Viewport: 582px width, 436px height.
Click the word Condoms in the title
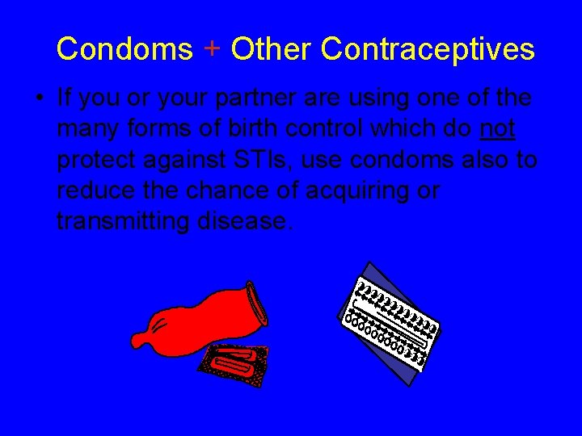coord(124,49)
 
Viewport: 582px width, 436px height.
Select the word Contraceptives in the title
coord(428,49)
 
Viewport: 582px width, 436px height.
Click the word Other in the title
coord(271,49)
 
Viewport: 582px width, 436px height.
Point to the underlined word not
coord(498,129)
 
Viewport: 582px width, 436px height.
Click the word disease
coord(240,220)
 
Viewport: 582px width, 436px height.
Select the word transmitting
coord(122,220)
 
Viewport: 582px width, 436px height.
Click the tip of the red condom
coord(139,338)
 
